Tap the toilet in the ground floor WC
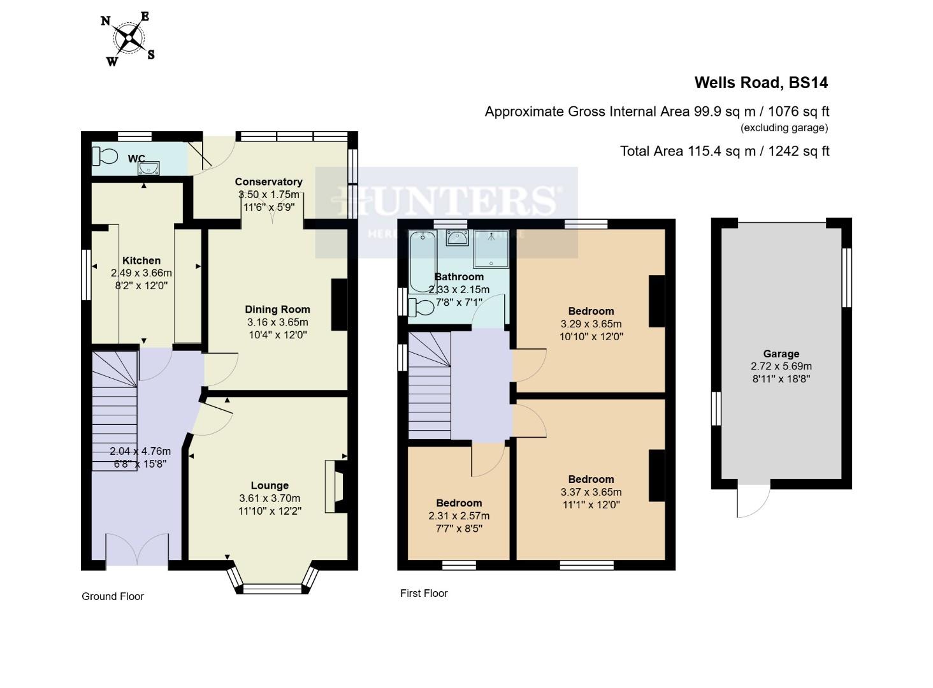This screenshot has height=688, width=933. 105,156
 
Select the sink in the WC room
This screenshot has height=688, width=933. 149,168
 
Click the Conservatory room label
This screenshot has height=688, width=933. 268,182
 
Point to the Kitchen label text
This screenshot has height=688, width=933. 141,261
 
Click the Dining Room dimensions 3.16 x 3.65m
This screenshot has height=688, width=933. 277,322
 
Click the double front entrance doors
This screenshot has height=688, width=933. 137,549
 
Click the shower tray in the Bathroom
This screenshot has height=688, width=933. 491,249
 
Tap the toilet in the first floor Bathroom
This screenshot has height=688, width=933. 421,307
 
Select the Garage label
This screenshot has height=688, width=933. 781,354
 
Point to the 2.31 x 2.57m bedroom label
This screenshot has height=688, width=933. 459,516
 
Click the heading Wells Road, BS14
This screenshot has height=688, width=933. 761,83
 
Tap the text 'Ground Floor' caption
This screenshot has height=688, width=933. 113,597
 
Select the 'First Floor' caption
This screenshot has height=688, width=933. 424,594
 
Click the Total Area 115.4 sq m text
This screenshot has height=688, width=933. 725,152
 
